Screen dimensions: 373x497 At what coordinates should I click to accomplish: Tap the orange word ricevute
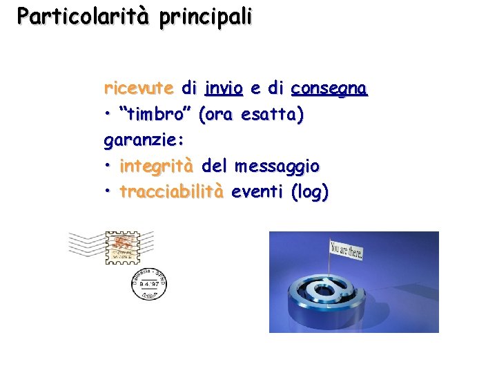click(139, 88)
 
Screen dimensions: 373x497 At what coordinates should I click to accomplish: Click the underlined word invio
click(224, 88)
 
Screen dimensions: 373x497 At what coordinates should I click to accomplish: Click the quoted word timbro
click(157, 115)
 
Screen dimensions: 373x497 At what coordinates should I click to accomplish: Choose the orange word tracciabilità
click(172, 191)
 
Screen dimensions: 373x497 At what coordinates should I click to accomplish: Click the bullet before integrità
click(108, 166)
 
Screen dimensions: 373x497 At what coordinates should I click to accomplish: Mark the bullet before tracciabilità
click(108, 192)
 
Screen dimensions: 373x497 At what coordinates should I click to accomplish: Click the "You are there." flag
click(347, 249)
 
